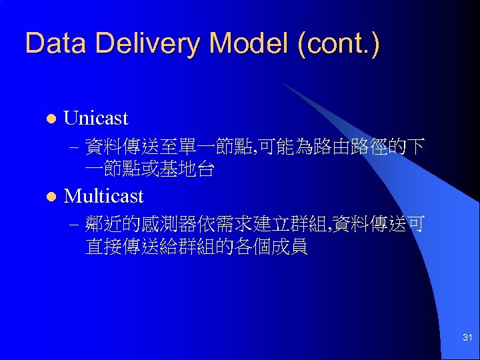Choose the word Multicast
coord(103,196)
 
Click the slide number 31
coord(467,339)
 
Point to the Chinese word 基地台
coord(187,169)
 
